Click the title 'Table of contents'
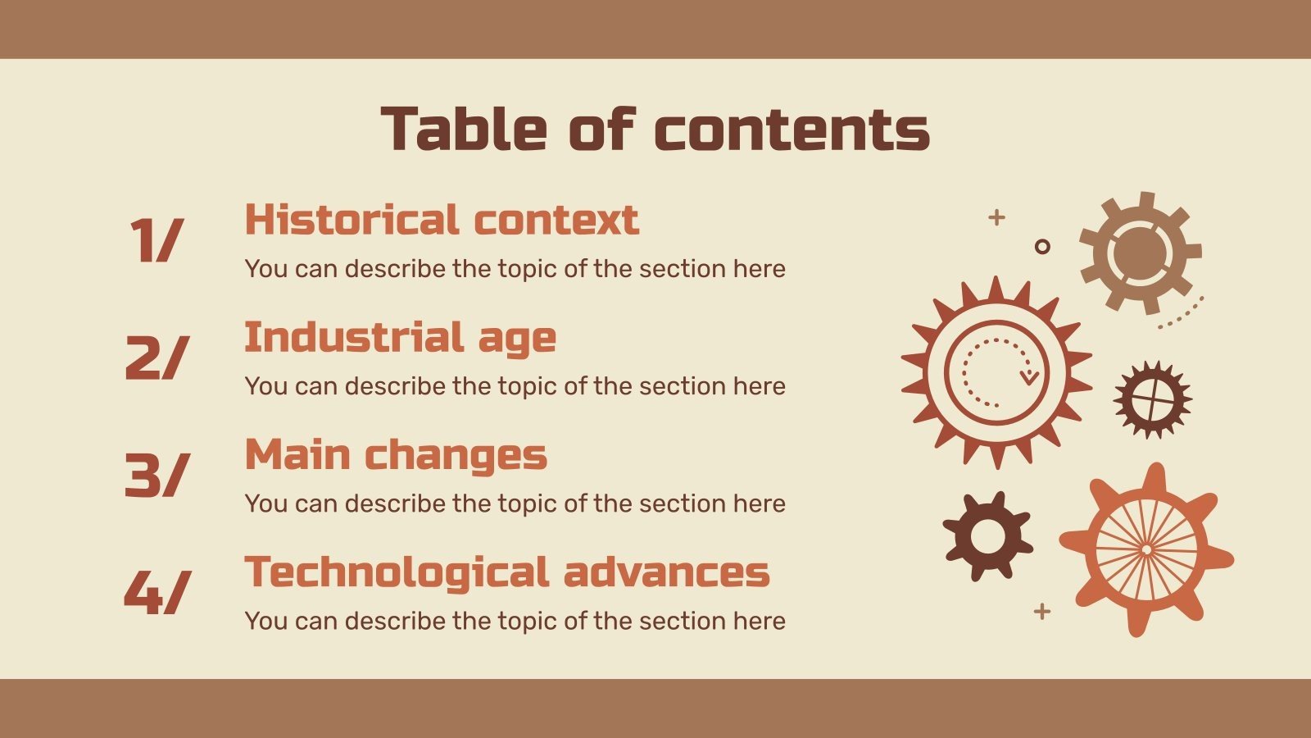pyautogui.click(x=655, y=130)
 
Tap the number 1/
pyautogui.click(x=157, y=240)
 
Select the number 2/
pyautogui.click(x=157, y=358)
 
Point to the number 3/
pyautogui.click(x=157, y=475)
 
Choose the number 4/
pyautogui.click(x=157, y=592)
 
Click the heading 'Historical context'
pyautogui.click(x=442, y=220)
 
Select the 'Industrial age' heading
pyautogui.click(x=400, y=337)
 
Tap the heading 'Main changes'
pyautogui.click(x=396, y=455)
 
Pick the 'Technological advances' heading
pyautogui.click(x=507, y=572)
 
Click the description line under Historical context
pyautogui.click(x=515, y=269)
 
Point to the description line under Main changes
pyautogui.click(x=515, y=503)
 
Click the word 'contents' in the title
pyautogui.click(x=792, y=130)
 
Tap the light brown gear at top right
pyautogui.click(x=1140, y=253)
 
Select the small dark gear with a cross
pyautogui.click(x=1152, y=399)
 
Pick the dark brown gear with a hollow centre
pyautogui.click(x=987, y=536)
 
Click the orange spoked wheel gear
pyautogui.click(x=1146, y=549)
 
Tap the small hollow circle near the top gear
pyautogui.click(x=1042, y=246)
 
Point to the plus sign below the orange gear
pyautogui.click(x=1042, y=611)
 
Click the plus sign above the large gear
pyautogui.click(x=996, y=217)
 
